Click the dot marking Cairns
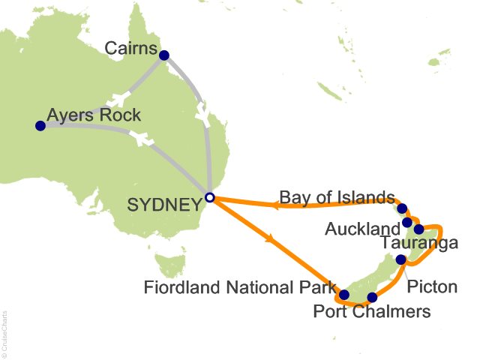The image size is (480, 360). (x=164, y=54)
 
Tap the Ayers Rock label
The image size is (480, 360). (x=94, y=115)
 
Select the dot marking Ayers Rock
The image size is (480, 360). (x=40, y=126)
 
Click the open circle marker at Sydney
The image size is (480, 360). (x=210, y=198)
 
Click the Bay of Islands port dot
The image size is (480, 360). (x=402, y=208)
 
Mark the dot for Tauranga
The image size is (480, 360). (x=418, y=229)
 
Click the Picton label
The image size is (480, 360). (x=431, y=287)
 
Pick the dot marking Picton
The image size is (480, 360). (x=400, y=260)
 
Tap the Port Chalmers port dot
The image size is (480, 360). (x=372, y=297)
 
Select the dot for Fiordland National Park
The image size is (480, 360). (x=344, y=295)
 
